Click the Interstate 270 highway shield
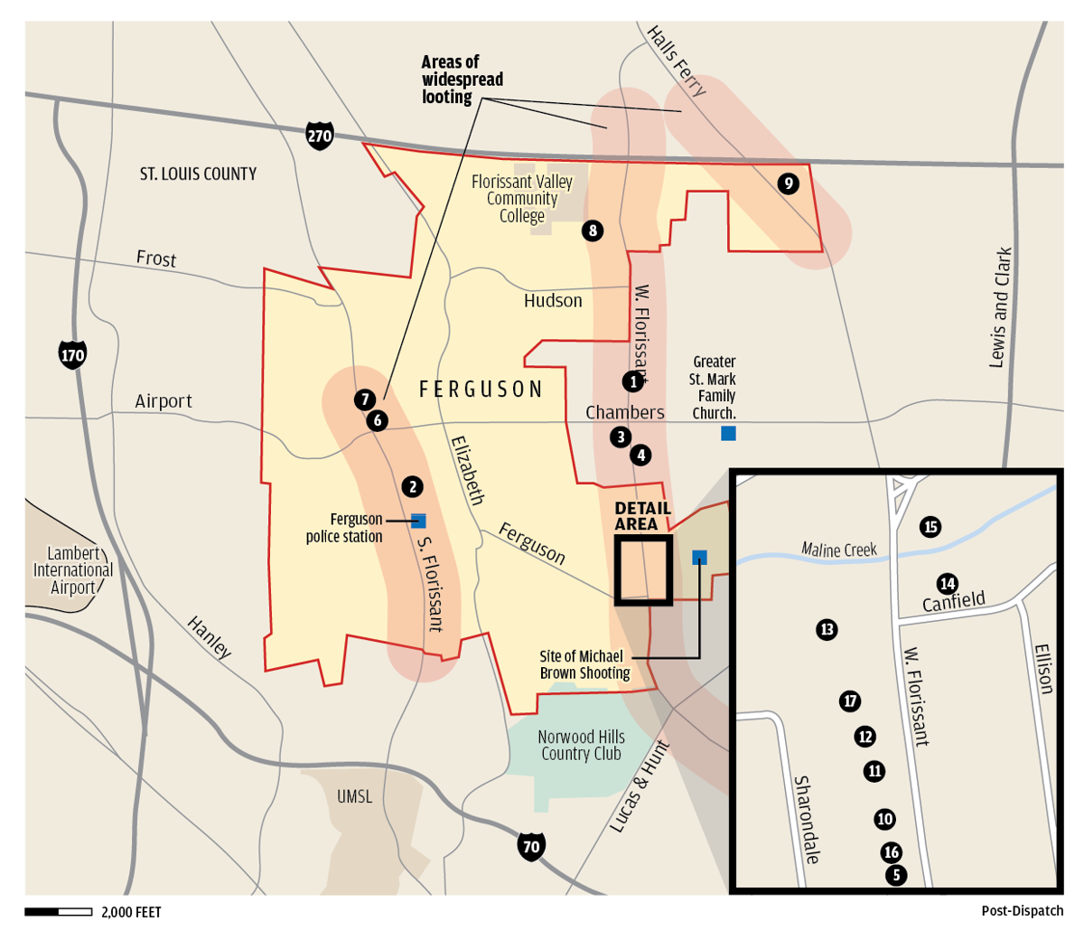click(x=320, y=136)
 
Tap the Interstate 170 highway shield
click(x=72, y=354)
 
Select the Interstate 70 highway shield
click(x=531, y=846)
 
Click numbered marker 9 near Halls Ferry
click(x=788, y=183)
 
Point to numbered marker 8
click(x=593, y=230)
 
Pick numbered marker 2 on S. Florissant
click(x=412, y=487)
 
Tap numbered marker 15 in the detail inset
click(x=930, y=526)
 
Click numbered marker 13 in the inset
click(x=827, y=629)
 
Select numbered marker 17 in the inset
click(x=849, y=700)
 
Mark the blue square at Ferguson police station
click(x=418, y=521)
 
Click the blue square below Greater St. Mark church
click(x=728, y=433)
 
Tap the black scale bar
click(x=59, y=912)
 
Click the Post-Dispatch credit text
click(x=1022, y=911)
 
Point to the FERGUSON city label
click(x=481, y=390)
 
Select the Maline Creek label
click(x=838, y=550)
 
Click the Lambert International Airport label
click(x=73, y=570)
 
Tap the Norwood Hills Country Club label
click(x=581, y=745)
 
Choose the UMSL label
click(x=354, y=796)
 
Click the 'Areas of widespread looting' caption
click(x=462, y=80)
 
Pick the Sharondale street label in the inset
click(x=806, y=819)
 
